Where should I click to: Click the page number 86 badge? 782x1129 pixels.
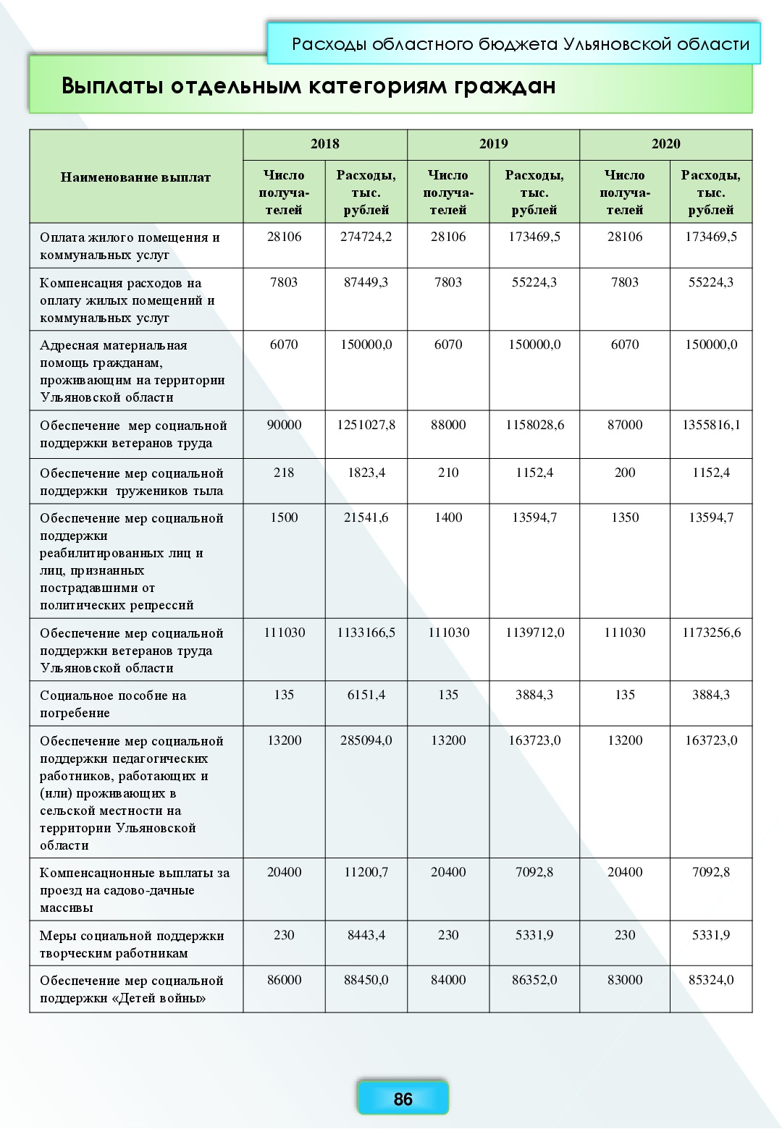click(x=403, y=1099)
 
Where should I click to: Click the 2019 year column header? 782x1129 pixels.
click(x=493, y=144)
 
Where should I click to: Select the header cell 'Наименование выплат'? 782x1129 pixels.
click(x=135, y=177)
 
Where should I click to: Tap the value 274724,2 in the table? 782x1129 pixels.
click(x=366, y=237)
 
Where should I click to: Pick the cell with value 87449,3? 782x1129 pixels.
click(x=366, y=283)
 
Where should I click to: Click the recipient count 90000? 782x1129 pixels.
click(x=284, y=426)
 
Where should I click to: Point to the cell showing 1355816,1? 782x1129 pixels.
click(x=711, y=426)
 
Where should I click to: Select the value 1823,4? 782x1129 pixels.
click(x=366, y=473)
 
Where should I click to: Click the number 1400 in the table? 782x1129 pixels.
click(x=448, y=518)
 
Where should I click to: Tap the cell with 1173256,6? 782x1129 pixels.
click(x=711, y=633)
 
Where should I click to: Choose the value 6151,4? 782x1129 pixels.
click(x=366, y=695)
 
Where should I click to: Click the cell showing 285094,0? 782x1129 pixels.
click(x=366, y=741)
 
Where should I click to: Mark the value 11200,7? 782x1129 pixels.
click(x=366, y=873)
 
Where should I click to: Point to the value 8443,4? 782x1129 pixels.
click(x=366, y=936)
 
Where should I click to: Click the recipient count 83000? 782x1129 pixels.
click(x=624, y=981)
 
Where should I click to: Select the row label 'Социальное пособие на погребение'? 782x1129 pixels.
click(x=113, y=704)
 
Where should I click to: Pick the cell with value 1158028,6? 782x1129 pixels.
click(x=534, y=426)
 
